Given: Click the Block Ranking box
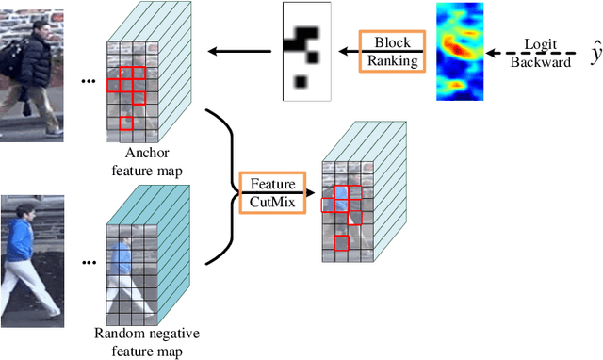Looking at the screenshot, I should (x=392, y=52).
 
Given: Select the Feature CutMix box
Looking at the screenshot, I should (x=272, y=194).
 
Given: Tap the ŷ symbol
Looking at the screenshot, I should (x=595, y=55).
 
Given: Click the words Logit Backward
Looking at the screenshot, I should (x=541, y=53).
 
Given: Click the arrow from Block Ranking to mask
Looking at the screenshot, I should (x=345, y=52).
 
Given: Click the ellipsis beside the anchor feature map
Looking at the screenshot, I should (x=89, y=82).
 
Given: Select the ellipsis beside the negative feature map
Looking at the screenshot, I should (x=89, y=262).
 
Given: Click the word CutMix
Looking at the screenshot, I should (x=272, y=203).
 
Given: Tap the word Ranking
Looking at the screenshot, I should (x=392, y=61).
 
